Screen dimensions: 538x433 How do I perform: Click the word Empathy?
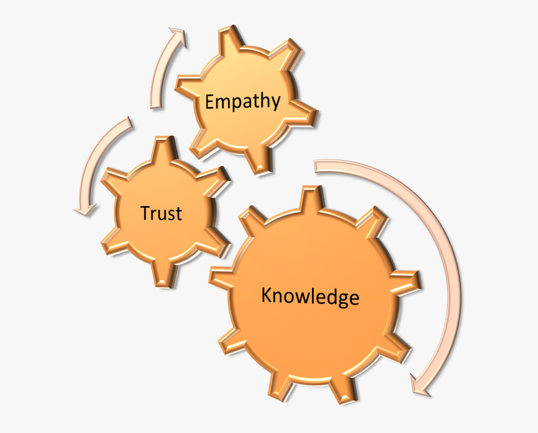click(x=243, y=102)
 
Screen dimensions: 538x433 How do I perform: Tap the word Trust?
click(x=161, y=213)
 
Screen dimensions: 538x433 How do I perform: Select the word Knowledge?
click(x=310, y=296)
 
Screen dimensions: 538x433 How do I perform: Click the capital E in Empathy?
click(x=210, y=101)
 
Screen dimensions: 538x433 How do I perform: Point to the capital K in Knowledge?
click(x=268, y=294)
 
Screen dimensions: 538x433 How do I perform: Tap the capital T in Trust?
click(x=146, y=213)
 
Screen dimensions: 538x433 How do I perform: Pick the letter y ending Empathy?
click(x=275, y=103)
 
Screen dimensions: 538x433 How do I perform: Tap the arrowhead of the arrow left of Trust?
click(x=85, y=210)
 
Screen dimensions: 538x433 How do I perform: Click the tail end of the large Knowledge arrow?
click(x=316, y=165)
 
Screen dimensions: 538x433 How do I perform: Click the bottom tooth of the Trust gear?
click(x=165, y=274)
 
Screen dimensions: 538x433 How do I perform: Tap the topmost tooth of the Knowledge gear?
click(x=311, y=198)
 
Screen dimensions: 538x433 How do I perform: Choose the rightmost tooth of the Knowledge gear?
click(x=406, y=281)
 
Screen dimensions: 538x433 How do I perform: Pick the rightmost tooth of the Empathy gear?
click(x=304, y=115)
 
